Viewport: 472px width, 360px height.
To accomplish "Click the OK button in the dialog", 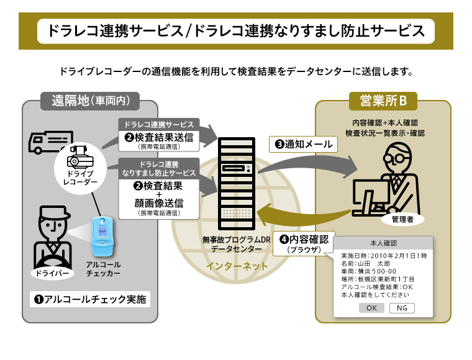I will click(371, 308).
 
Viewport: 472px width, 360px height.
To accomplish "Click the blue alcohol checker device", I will click(103, 238).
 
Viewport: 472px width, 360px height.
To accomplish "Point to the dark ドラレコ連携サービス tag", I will click(159, 125).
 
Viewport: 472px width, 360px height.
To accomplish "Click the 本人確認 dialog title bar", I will click(383, 243).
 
